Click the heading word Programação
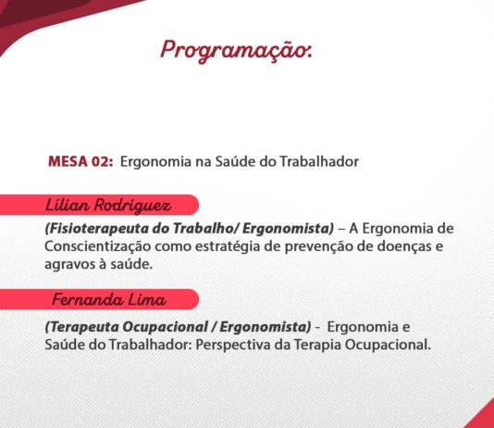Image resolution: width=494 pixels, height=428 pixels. [236, 51]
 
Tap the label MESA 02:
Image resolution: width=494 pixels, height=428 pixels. [80, 161]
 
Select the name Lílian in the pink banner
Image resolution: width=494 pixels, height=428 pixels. [68, 205]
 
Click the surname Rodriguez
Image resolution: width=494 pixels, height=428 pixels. [132, 206]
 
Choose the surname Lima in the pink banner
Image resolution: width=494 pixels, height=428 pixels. [147, 299]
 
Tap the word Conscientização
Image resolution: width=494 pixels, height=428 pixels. [98, 246]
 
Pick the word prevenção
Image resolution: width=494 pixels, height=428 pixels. [319, 246]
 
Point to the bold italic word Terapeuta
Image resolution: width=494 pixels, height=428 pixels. [82, 327]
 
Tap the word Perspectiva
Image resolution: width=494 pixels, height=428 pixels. [233, 345]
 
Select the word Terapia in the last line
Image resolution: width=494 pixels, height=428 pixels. [317, 345]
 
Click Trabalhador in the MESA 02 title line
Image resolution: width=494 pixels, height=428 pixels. [319, 161]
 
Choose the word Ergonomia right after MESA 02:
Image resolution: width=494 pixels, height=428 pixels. [155, 162]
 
